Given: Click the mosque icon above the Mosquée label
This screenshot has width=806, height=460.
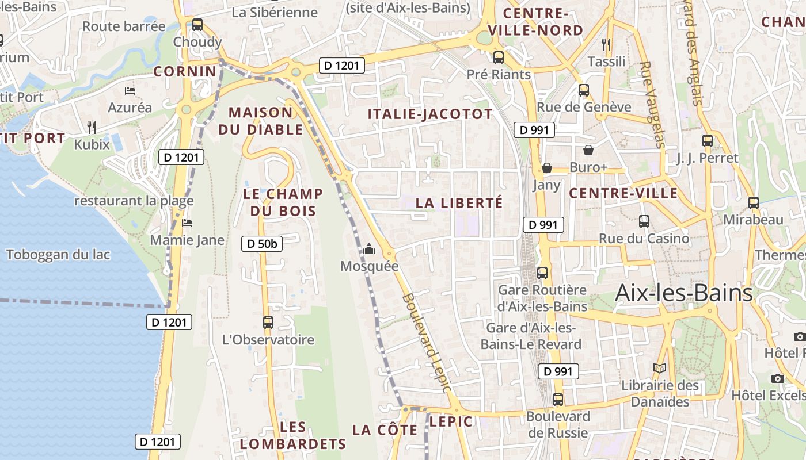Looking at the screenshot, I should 369,249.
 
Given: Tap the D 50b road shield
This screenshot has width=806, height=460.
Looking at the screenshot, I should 262,244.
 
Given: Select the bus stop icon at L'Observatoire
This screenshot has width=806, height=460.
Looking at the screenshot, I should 268,323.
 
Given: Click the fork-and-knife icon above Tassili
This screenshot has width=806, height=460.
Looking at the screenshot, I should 605,44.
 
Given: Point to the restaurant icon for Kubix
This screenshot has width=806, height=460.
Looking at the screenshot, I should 92,127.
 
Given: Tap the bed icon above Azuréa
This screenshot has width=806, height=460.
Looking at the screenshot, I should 130,90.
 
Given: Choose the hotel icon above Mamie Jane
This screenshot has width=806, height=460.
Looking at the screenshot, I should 187,223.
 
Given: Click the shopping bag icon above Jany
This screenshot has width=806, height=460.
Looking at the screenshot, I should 546,168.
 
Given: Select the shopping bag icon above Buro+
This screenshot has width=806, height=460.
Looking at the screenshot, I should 588,150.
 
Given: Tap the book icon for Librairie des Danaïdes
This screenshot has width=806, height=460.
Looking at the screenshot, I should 660,368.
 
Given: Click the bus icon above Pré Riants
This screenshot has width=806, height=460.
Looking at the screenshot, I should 499,57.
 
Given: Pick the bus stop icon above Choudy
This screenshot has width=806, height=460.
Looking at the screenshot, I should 197,25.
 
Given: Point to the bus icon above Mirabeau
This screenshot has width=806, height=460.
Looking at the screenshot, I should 754,202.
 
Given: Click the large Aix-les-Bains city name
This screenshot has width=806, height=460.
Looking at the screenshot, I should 684,293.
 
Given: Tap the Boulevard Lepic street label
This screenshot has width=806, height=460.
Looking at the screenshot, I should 427,343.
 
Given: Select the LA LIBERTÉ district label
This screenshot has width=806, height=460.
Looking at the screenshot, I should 459,203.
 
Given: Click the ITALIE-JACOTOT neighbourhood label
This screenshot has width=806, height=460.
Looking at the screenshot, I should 431,114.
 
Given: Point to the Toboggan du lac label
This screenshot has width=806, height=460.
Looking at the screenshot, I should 58,254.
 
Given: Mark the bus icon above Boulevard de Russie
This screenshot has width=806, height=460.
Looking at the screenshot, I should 557,399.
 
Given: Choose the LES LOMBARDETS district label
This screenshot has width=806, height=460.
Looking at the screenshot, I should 293,435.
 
